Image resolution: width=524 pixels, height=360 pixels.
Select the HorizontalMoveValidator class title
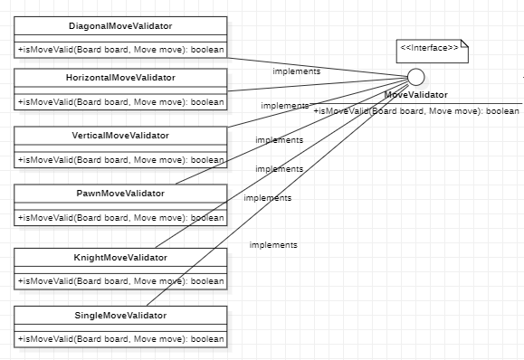pyautogui.click(x=120, y=77)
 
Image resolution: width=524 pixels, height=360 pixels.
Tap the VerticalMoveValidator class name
pyautogui.click(x=120, y=136)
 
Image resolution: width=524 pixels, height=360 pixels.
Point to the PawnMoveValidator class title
pyautogui.click(x=120, y=194)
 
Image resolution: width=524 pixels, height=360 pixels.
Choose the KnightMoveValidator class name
pyautogui.click(x=120, y=258)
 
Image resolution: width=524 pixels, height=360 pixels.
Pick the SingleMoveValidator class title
pyautogui.click(x=120, y=316)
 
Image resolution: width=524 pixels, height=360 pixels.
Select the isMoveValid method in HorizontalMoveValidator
pyautogui.click(x=120, y=102)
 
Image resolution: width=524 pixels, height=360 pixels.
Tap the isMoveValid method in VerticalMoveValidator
pyautogui.click(x=120, y=160)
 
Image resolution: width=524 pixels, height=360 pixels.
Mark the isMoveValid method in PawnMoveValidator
pyautogui.click(x=120, y=218)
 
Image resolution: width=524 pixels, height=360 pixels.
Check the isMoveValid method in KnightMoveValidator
pyautogui.click(x=120, y=281)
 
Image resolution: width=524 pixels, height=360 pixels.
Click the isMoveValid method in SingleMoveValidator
pyautogui.click(x=120, y=340)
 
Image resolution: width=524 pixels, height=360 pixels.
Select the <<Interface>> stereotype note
pyautogui.click(x=430, y=47)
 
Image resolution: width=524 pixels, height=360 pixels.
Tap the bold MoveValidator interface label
pyautogui.click(x=415, y=94)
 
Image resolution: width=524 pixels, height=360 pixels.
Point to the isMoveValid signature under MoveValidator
pyautogui.click(x=416, y=110)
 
